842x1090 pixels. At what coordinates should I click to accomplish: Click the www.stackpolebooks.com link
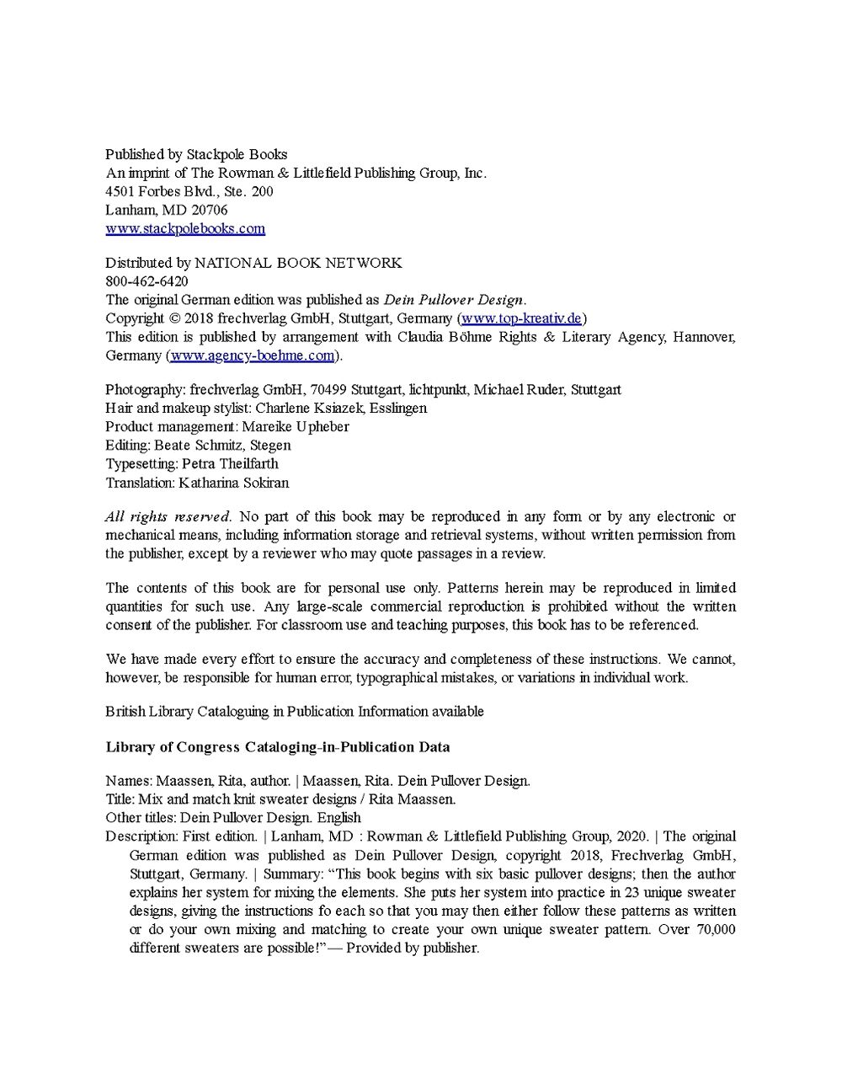(185, 228)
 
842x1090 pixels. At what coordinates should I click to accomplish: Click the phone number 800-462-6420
(147, 281)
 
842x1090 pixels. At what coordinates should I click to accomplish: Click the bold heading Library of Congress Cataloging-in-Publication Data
(277, 746)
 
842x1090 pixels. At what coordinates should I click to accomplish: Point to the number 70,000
(710, 929)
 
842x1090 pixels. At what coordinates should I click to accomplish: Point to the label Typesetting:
(141, 463)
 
